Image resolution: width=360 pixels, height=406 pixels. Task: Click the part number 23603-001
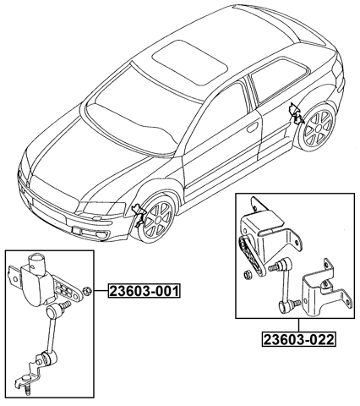[x=144, y=293]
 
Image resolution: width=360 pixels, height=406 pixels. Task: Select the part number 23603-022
[x=297, y=340]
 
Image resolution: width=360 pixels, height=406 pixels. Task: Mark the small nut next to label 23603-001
[x=88, y=293]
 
